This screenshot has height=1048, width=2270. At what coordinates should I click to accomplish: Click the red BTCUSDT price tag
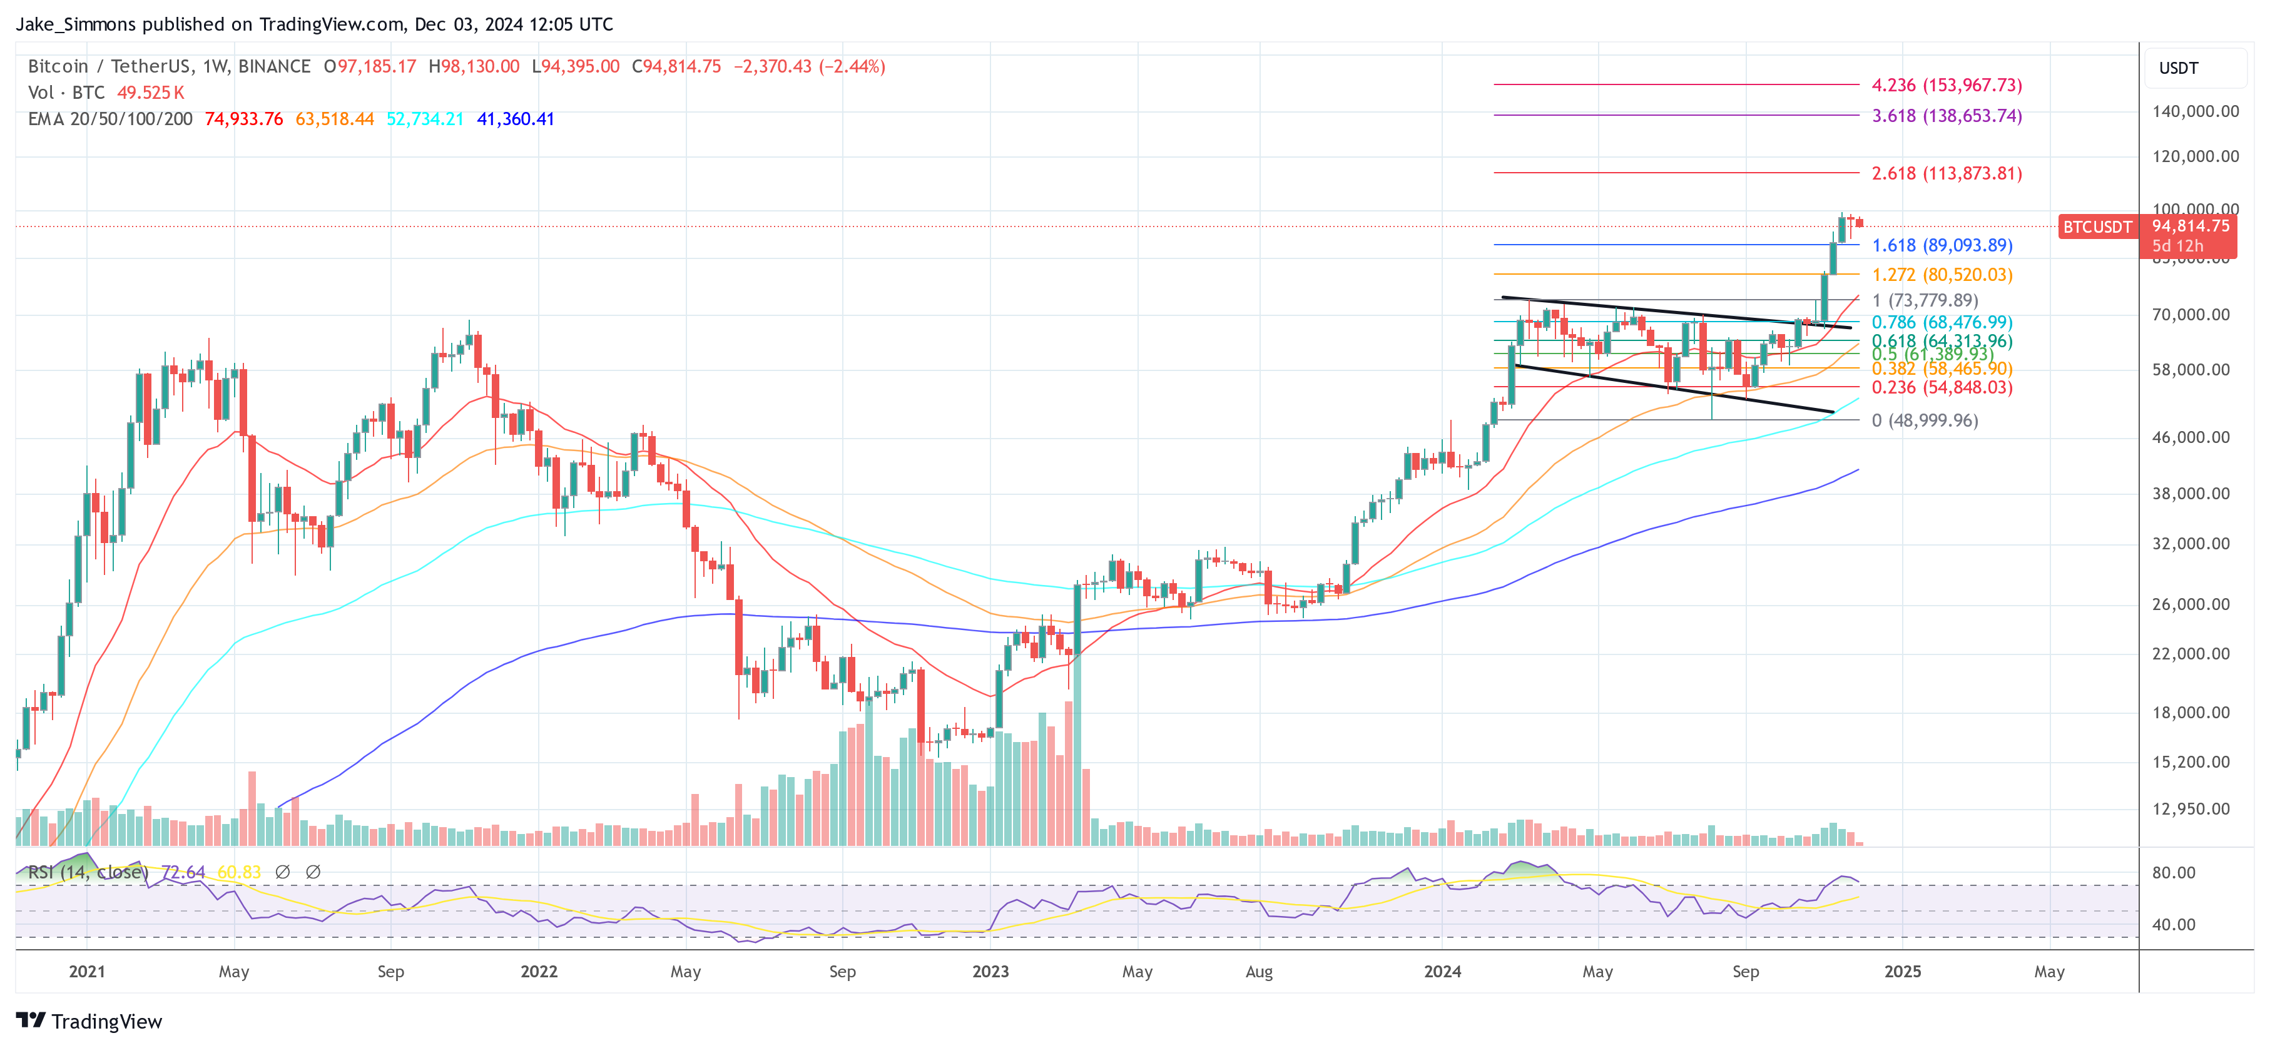(2097, 226)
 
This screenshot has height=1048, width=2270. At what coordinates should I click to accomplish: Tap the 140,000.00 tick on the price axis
(2194, 111)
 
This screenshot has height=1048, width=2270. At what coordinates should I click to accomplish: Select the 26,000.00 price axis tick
(2194, 604)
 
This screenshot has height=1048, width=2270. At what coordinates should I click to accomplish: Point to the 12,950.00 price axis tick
(2194, 808)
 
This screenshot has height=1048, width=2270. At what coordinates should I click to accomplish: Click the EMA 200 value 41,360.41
(516, 119)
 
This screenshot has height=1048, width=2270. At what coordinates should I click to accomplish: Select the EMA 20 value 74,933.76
(244, 119)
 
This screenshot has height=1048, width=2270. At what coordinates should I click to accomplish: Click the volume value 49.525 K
(151, 93)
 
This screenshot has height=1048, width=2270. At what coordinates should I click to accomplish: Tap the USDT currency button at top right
(2179, 68)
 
